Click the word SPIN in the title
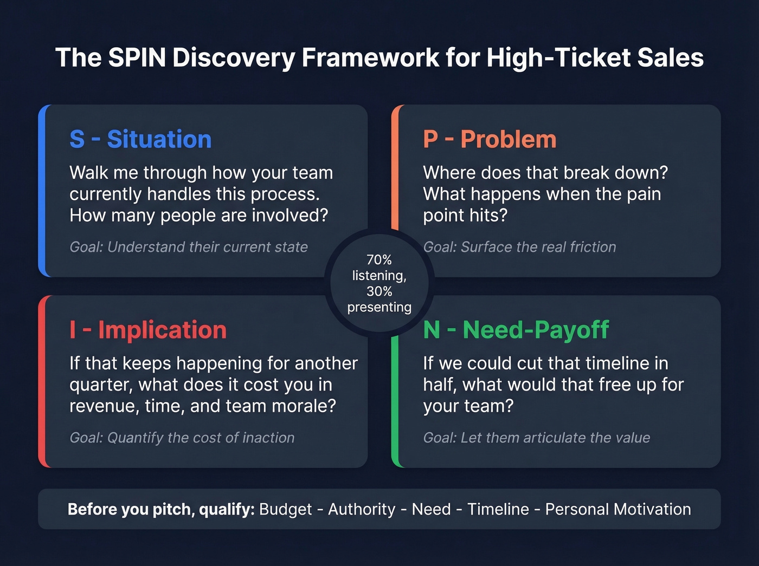pyautogui.click(x=137, y=58)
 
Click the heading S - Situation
pyautogui.click(x=140, y=139)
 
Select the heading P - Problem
pyautogui.click(x=490, y=139)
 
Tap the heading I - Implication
pyautogui.click(x=148, y=330)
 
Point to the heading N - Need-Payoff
pyautogui.click(x=516, y=330)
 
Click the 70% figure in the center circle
pyautogui.click(x=379, y=260)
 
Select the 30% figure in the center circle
pyautogui.click(x=379, y=291)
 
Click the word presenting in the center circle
pyautogui.click(x=379, y=307)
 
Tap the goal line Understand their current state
pyautogui.click(x=189, y=247)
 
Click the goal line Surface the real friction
pyautogui.click(x=519, y=247)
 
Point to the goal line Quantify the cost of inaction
pyautogui.click(x=182, y=438)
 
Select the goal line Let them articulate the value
pyautogui.click(x=536, y=438)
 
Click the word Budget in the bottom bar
pyautogui.click(x=285, y=509)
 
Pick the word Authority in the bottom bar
pyautogui.click(x=362, y=509)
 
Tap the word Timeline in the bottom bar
pyautogui.click(x=498, y=509)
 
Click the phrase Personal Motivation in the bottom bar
pyautogui.click(x=618, y=509)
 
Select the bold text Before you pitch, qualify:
pyautogui.click(x=161, y=509)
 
